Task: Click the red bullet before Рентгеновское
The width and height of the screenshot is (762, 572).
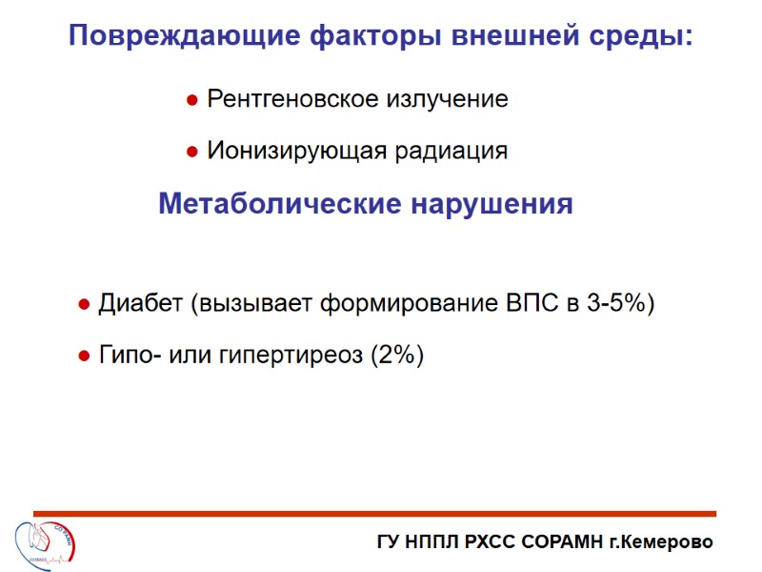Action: [x=191, y=100]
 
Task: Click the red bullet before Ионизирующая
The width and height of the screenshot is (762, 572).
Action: [x=191, y=152]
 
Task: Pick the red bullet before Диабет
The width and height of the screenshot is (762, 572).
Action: [x=83, y=305]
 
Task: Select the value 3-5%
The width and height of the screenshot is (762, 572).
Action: [x=617, y=304]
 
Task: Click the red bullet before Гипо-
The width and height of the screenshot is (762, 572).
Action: [x=83, y=357]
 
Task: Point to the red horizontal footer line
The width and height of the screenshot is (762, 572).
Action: [x=381, y=515]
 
